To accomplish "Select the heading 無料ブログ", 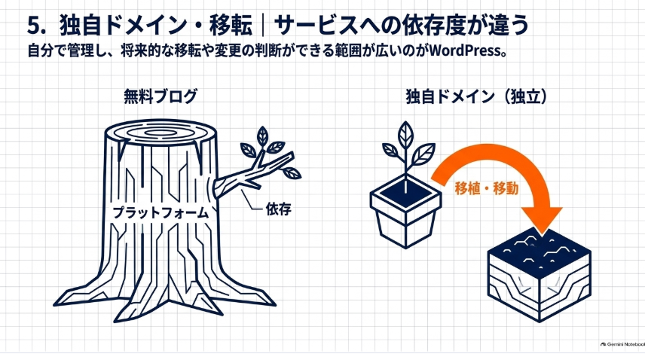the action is (x=160, y=96).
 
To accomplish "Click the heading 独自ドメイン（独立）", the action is (x=476, y=96).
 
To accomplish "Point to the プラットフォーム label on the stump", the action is (x=160, y=212).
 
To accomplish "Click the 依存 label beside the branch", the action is (x=278, y=209).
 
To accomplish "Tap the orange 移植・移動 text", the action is (x=486, y=188).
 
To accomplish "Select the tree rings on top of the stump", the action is (x=160, y=133).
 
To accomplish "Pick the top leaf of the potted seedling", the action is (x=405, y=135).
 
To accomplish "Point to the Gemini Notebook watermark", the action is (x=622, y=344).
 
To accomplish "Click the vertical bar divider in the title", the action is (x=262, y=26).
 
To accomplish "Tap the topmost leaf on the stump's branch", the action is (x=262, y=136).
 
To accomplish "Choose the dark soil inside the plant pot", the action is (x=405, y=193).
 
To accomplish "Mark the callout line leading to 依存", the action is (x=251, y=201).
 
